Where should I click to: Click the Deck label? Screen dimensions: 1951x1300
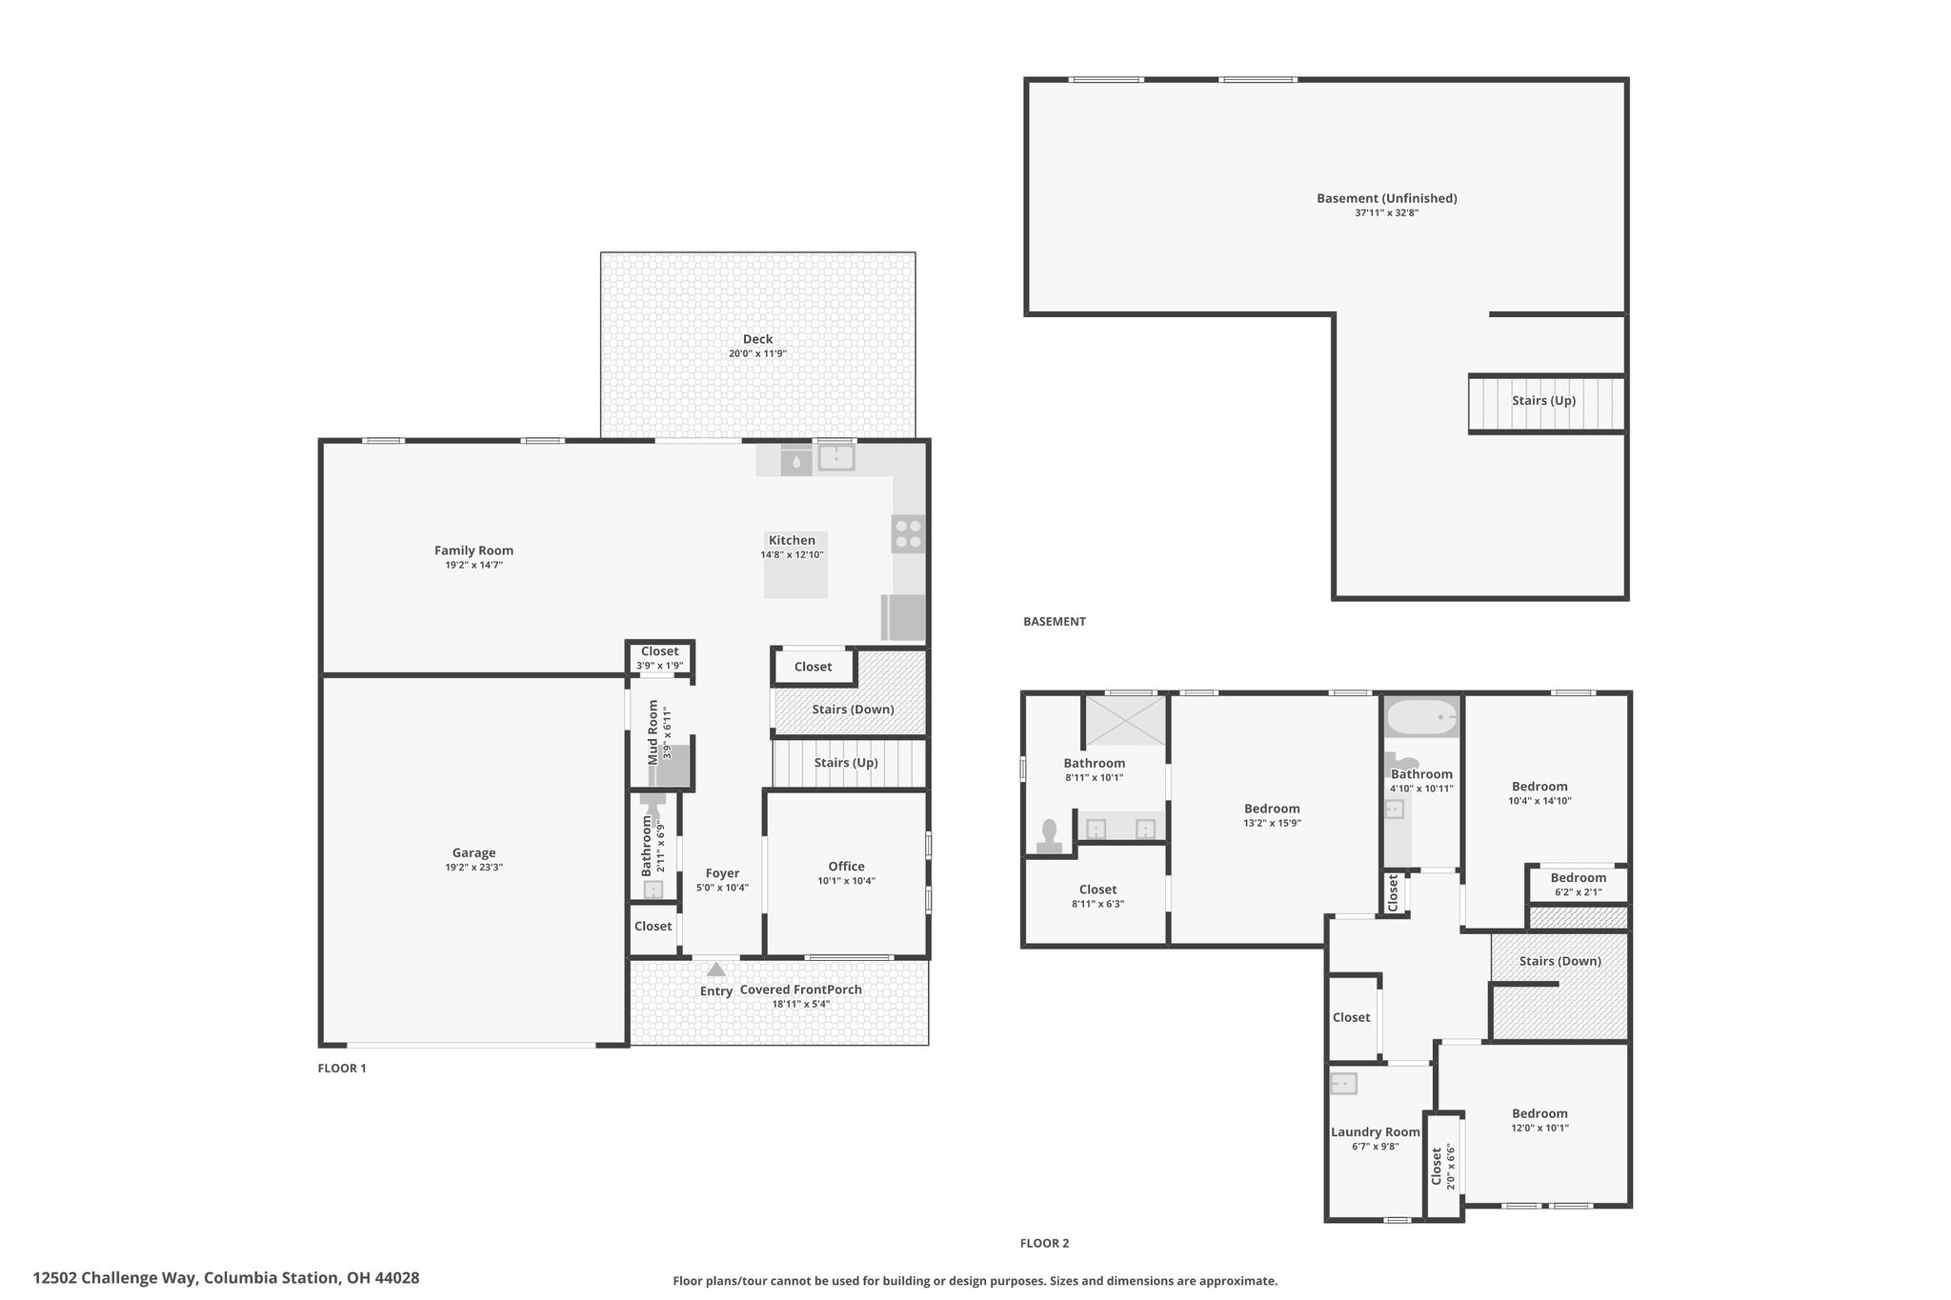point(757,339)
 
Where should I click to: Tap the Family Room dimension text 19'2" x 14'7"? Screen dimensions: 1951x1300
point(473,565)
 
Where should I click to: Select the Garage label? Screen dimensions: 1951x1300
point(473,853)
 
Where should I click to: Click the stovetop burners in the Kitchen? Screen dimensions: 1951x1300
point(908,533)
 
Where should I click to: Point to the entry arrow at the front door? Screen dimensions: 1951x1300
point(716,970)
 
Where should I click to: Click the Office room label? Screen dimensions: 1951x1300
point(846,866)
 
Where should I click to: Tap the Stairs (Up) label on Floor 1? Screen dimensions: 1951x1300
point(846,763)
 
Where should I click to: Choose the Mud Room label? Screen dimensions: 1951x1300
point(654,732)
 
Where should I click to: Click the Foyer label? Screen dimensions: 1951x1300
point(722,873)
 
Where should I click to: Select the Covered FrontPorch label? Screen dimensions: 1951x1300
point(800,990)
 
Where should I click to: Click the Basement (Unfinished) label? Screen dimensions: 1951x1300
point(1387,198)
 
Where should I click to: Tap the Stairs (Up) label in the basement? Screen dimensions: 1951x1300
point(1543,401)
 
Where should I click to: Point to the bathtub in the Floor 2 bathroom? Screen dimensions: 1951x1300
point(1421,716)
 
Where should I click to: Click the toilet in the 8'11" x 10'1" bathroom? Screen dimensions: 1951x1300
point(1049,836)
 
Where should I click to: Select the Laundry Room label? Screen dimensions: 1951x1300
point(1375,1132)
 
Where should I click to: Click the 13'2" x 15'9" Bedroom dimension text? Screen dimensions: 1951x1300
point(1272,823)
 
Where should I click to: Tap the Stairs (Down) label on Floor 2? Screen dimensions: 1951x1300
point(1559,961)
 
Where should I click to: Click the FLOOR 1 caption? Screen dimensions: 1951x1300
point(342,1069)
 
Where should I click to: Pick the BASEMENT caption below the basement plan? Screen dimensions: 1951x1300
point(1055,622)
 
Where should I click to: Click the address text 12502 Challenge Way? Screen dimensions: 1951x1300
point(114,1278)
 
